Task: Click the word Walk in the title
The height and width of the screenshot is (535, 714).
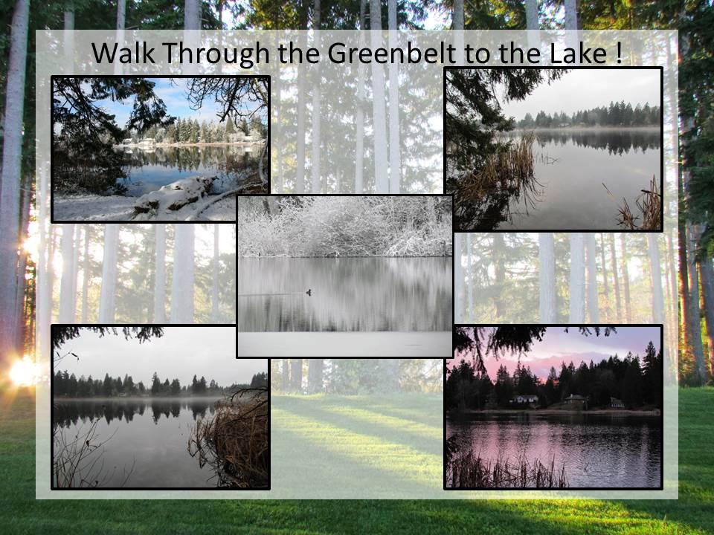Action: tap(123, 53)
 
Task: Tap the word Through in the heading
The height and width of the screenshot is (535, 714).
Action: tap(216, 53)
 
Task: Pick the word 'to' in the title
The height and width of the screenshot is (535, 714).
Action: tap(477, 53)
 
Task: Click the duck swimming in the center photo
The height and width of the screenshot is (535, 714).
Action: tap(308, 293)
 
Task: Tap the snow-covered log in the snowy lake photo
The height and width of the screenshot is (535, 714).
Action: tap(176, 194)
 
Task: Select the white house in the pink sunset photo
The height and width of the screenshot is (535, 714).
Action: tap(524, 400)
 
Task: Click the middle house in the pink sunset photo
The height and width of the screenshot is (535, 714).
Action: tap(576, 401)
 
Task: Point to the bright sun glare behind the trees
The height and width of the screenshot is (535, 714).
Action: tap(23, 371)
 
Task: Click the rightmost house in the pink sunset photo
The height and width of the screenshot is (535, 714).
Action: tap(617, 403)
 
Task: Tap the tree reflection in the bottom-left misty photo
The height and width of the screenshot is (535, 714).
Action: tap(137, 411)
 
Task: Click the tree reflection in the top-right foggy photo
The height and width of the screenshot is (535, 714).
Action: tap(592, 140)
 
